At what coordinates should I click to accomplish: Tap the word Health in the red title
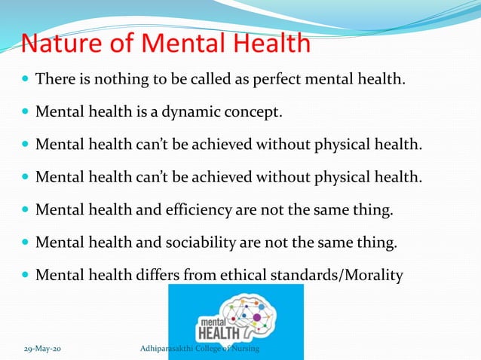tap(269, 44)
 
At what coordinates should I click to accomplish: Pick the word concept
tap(254, 113)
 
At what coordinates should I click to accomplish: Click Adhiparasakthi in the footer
tap(170, 350)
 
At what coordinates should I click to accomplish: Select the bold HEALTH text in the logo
tap(218, 332)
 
